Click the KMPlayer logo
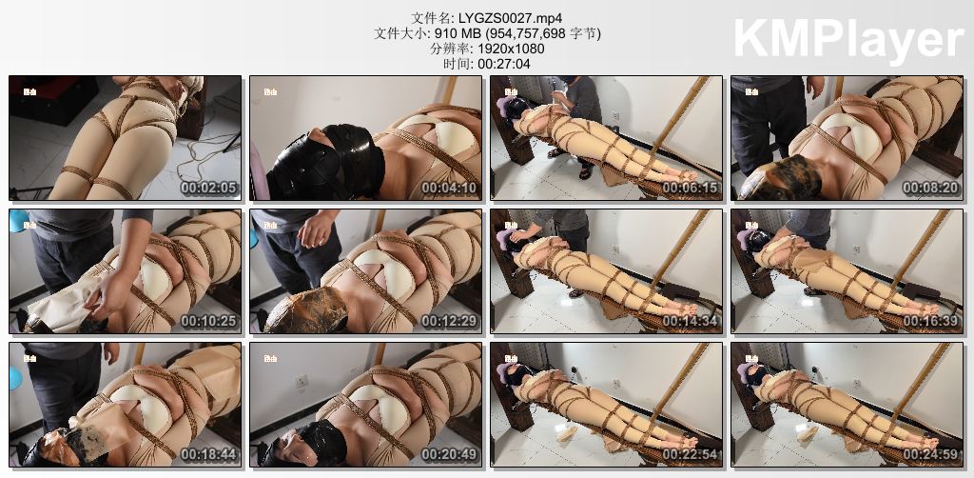[x=848, y=41]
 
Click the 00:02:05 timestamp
[x=208, y=188]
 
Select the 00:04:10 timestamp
[x=450, y=188]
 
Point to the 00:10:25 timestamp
[x=208, y=321]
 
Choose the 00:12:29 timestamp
[x=450, y=321]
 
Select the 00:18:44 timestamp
[x=208, y=454]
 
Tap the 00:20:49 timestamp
[x=450, y=454]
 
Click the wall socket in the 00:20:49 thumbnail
[x=302, y=382]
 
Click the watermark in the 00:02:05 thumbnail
[x=28, y=91]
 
